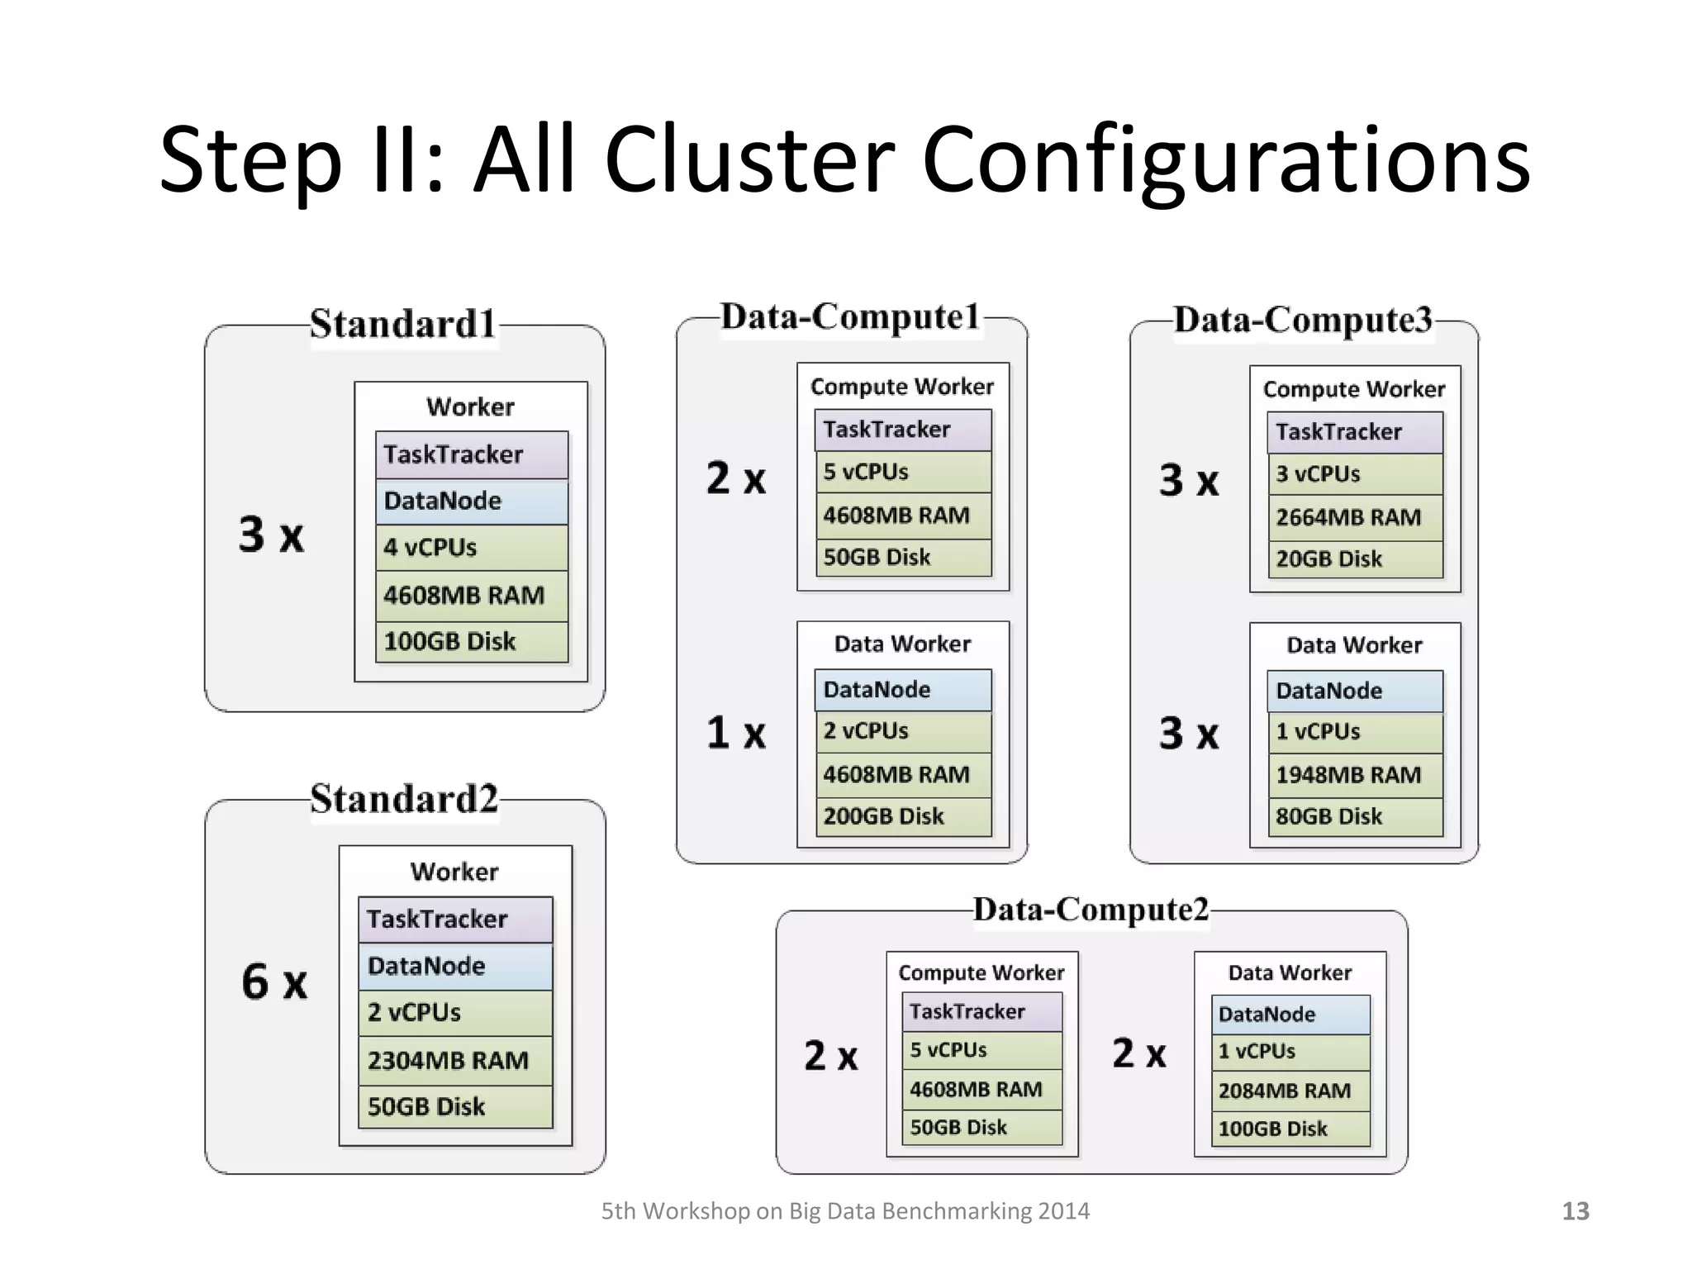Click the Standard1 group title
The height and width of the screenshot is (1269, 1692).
(x=403, y=323)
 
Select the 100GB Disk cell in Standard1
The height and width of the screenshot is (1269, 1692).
(x=471, y=642)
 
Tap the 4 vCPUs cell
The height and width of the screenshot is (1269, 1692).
(x=471, y=548)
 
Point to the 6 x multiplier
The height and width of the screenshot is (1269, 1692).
(x=274, y=982)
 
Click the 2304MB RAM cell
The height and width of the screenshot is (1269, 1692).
(x=455, y=1060)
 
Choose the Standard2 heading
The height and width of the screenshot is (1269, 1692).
(x=404, y=799)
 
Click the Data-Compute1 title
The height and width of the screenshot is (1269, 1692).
(x=850, y=317)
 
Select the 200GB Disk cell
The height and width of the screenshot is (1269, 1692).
(x=902, y=816)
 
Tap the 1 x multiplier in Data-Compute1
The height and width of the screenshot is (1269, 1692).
(x=735, y=733)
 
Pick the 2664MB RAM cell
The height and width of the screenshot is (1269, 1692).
(x=1355, y=517)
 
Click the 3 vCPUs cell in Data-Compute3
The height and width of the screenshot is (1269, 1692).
(x=1355, y=474)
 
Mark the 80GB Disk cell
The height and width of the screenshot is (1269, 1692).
(x=1355, y=816)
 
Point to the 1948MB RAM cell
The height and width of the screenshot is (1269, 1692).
(x=1355, y=775)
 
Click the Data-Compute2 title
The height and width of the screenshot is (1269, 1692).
(x=1091, y=910)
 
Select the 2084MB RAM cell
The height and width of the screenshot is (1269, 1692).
(x=1290, y=1091)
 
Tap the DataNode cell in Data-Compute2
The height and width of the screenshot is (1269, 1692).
(x=1290, y=1015)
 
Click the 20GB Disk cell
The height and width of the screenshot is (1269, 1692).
(x=1355, y=559)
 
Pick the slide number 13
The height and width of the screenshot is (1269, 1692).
(x=1575, y=1211)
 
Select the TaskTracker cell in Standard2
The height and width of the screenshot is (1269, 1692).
(x=455, y=920)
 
